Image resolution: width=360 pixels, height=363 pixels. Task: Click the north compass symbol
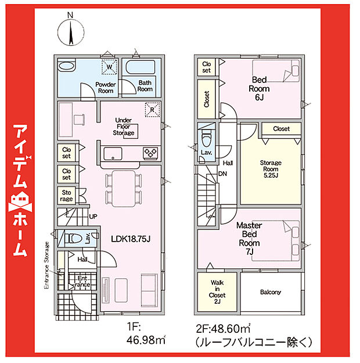click(x=70, y=31)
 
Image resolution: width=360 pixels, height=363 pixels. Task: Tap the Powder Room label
click(x=106, y=88)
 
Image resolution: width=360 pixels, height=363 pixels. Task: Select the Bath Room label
click(x=145, y=86)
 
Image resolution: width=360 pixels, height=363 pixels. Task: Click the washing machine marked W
click(x=108, y=67)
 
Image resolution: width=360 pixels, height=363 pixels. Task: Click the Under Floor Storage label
click(x=123, y=126)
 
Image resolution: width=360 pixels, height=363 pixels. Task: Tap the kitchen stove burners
click(x=150, y=153)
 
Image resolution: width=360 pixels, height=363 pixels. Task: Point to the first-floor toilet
click(x=72, y=238)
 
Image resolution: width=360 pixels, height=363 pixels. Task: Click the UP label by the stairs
click(x=93, y=217)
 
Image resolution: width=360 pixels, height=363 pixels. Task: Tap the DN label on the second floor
click(x=223, y=173)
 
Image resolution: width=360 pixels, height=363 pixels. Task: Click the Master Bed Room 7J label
click(x=249, y=239)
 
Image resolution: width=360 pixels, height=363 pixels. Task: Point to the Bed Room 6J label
click(x=258, y=89)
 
